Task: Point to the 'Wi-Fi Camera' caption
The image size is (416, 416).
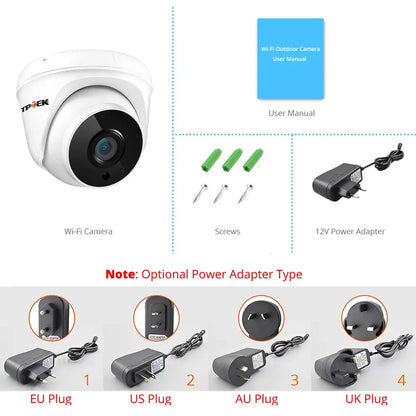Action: pyautogui.click(x=88, y=231)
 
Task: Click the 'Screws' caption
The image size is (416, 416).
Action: pyautogui.click(x=228, y=231)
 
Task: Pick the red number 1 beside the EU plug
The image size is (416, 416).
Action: pyautogui.click(x=87, y=380)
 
